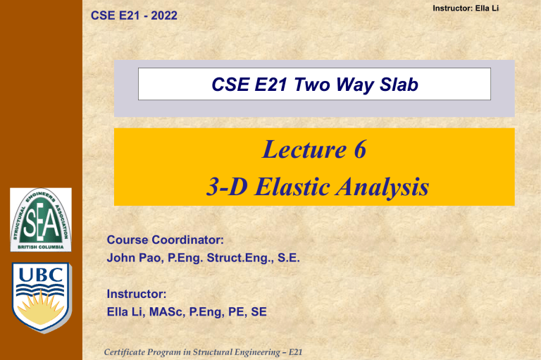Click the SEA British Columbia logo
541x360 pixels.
[x=40, y=219]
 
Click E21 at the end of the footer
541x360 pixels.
[x=295, y=350]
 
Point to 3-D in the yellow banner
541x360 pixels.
[x=220, y=187]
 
